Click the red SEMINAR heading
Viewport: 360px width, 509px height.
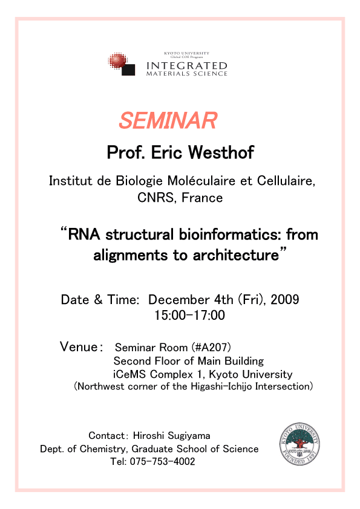pos(168,120)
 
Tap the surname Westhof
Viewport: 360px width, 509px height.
pos(221,152)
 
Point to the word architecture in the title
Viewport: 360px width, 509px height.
pos(236,255)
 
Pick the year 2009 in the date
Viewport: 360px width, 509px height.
pos(284,299)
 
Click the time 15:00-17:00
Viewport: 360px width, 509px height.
pos(189,315)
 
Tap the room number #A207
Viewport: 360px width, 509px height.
pos(211,348)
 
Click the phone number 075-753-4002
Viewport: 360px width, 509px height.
pos(163,461)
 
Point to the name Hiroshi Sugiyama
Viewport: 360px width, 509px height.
pos(172,436)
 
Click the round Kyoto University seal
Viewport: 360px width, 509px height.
pos(299,444)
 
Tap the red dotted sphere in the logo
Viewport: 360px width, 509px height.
pos(117,60)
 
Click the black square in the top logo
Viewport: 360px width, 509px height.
pos(128,70)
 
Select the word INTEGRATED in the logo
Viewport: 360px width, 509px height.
pos(187,66)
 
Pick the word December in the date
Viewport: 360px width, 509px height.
pos(179,299)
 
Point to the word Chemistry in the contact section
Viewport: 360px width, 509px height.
pos(103,449)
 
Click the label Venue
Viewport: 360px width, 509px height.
pos(79,347)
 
